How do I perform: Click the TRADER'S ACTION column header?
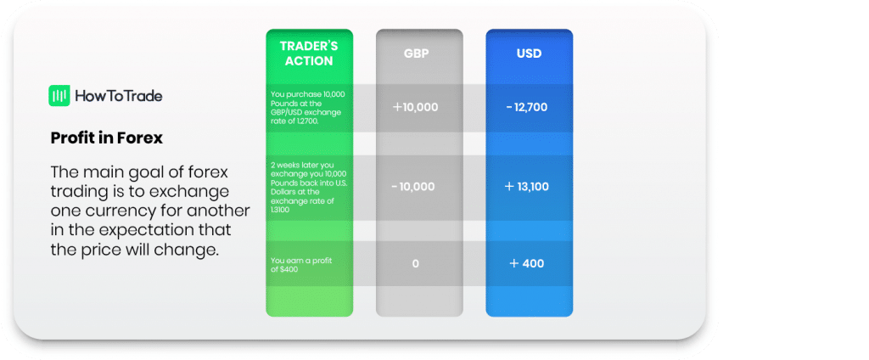click(309, 53)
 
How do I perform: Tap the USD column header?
click(530, 54)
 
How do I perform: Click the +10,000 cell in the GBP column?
click(416, 108)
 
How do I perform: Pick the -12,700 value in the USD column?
click(527, 108)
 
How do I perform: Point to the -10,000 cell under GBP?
click(413, 187)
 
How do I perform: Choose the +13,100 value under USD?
click(527, 187)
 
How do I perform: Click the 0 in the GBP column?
click(416, 263)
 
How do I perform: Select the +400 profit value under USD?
click(527, 263)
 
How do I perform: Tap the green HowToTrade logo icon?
click(59, 96)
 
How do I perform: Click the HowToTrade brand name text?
click(119, 96)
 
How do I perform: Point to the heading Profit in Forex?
click(107, 138)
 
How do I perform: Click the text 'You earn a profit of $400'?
click(293, 265)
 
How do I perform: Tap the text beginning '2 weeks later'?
click(309, 188)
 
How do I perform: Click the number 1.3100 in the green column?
click(279, 211)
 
